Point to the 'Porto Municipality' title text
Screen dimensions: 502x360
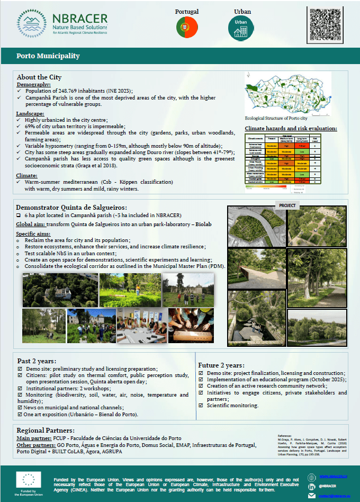pos(48,56)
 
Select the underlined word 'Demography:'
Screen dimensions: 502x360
pos(34,85)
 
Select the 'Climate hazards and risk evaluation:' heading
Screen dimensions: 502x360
pos(291,128)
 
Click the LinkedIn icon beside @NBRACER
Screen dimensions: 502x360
pos(311,486)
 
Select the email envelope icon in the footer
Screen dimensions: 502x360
pos(311,496)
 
